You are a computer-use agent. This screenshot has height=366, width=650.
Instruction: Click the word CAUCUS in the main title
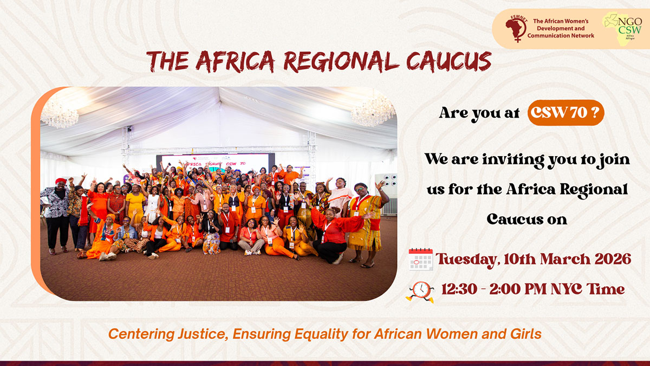(x=449, y=62)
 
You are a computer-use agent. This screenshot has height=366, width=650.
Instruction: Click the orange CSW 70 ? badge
(x=566, y=113)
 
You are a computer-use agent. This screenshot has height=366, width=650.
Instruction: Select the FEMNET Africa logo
(x=516, y=28)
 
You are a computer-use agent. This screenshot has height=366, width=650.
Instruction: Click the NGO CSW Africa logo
(x=622, y=28)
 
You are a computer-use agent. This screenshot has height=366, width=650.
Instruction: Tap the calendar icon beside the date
(x=420, y=259)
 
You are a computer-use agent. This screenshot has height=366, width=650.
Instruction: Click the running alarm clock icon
(x=420, y=292)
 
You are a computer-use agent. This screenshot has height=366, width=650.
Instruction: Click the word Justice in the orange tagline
(x=202, y=334)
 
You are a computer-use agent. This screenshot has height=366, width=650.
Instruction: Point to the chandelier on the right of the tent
(x=373, y=111)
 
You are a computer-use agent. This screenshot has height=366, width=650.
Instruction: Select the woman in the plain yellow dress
(x=135, y=205)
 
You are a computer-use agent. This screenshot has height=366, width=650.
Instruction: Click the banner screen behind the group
(x=216, y=164)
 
